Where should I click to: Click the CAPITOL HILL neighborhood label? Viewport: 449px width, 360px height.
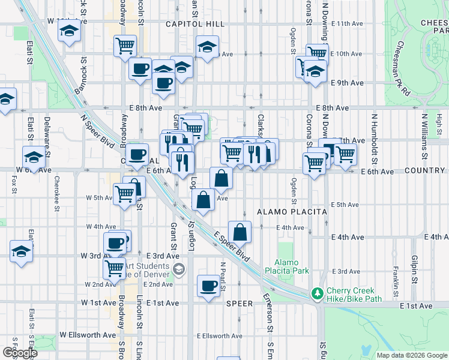tap(195, 24)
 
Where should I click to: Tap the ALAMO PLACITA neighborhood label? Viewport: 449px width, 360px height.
tap(292, 212)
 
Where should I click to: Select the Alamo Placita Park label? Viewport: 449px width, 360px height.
tap(292, 266)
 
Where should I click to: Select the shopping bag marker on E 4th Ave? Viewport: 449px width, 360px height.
tap(240, 232)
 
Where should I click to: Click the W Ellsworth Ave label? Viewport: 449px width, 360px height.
tap(88, 335)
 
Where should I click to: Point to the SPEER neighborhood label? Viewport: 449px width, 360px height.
tap(239, 304)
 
